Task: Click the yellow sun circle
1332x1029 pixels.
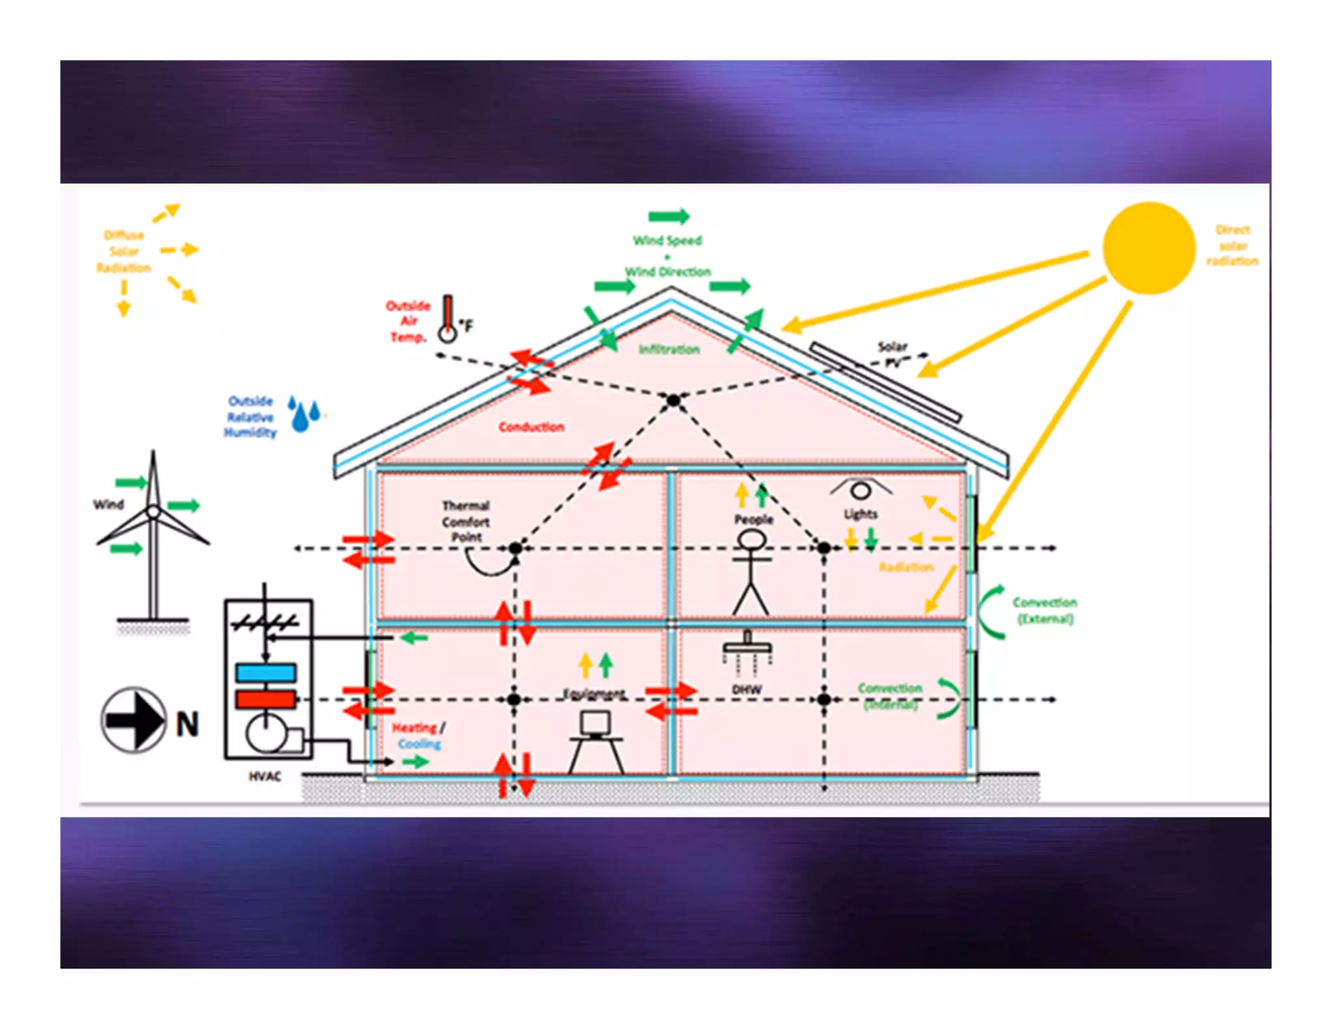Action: (1149, 248)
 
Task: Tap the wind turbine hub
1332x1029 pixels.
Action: (153, 511)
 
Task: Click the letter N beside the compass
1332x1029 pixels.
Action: (187, 724)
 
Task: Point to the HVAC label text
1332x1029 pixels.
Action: (265, 776)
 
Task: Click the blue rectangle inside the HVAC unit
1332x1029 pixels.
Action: (266, 672)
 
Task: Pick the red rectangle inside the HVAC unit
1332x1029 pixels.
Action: (266, 699)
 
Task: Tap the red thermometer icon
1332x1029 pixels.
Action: (447, 319)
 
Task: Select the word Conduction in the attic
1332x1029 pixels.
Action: (531, 427)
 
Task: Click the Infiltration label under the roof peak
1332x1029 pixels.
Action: (669, 349)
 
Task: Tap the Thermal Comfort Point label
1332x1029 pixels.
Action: (466, 521)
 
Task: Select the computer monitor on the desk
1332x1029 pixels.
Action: (595, 722)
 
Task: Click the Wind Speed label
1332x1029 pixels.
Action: (667, 241)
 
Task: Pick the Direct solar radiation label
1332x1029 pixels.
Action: (1232, 245)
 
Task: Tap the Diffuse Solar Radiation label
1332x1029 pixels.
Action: (124, 251)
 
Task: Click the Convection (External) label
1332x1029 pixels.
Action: (1045, 610)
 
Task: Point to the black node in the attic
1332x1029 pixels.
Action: (673, 401)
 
